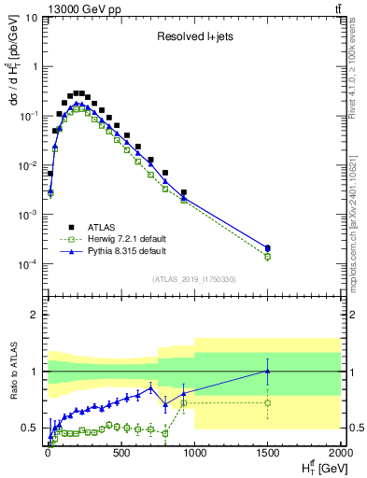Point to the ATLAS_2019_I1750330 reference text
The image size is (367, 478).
point(195,278)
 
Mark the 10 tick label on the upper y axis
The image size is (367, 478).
point(32,17)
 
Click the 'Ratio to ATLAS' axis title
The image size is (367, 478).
point(12,369)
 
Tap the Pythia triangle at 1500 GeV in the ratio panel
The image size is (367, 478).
point(268,372)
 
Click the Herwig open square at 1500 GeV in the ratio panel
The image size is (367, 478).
point(268,403)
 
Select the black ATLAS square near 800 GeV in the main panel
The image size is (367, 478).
point(165,173)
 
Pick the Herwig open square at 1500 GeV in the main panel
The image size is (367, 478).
point(268,256)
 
